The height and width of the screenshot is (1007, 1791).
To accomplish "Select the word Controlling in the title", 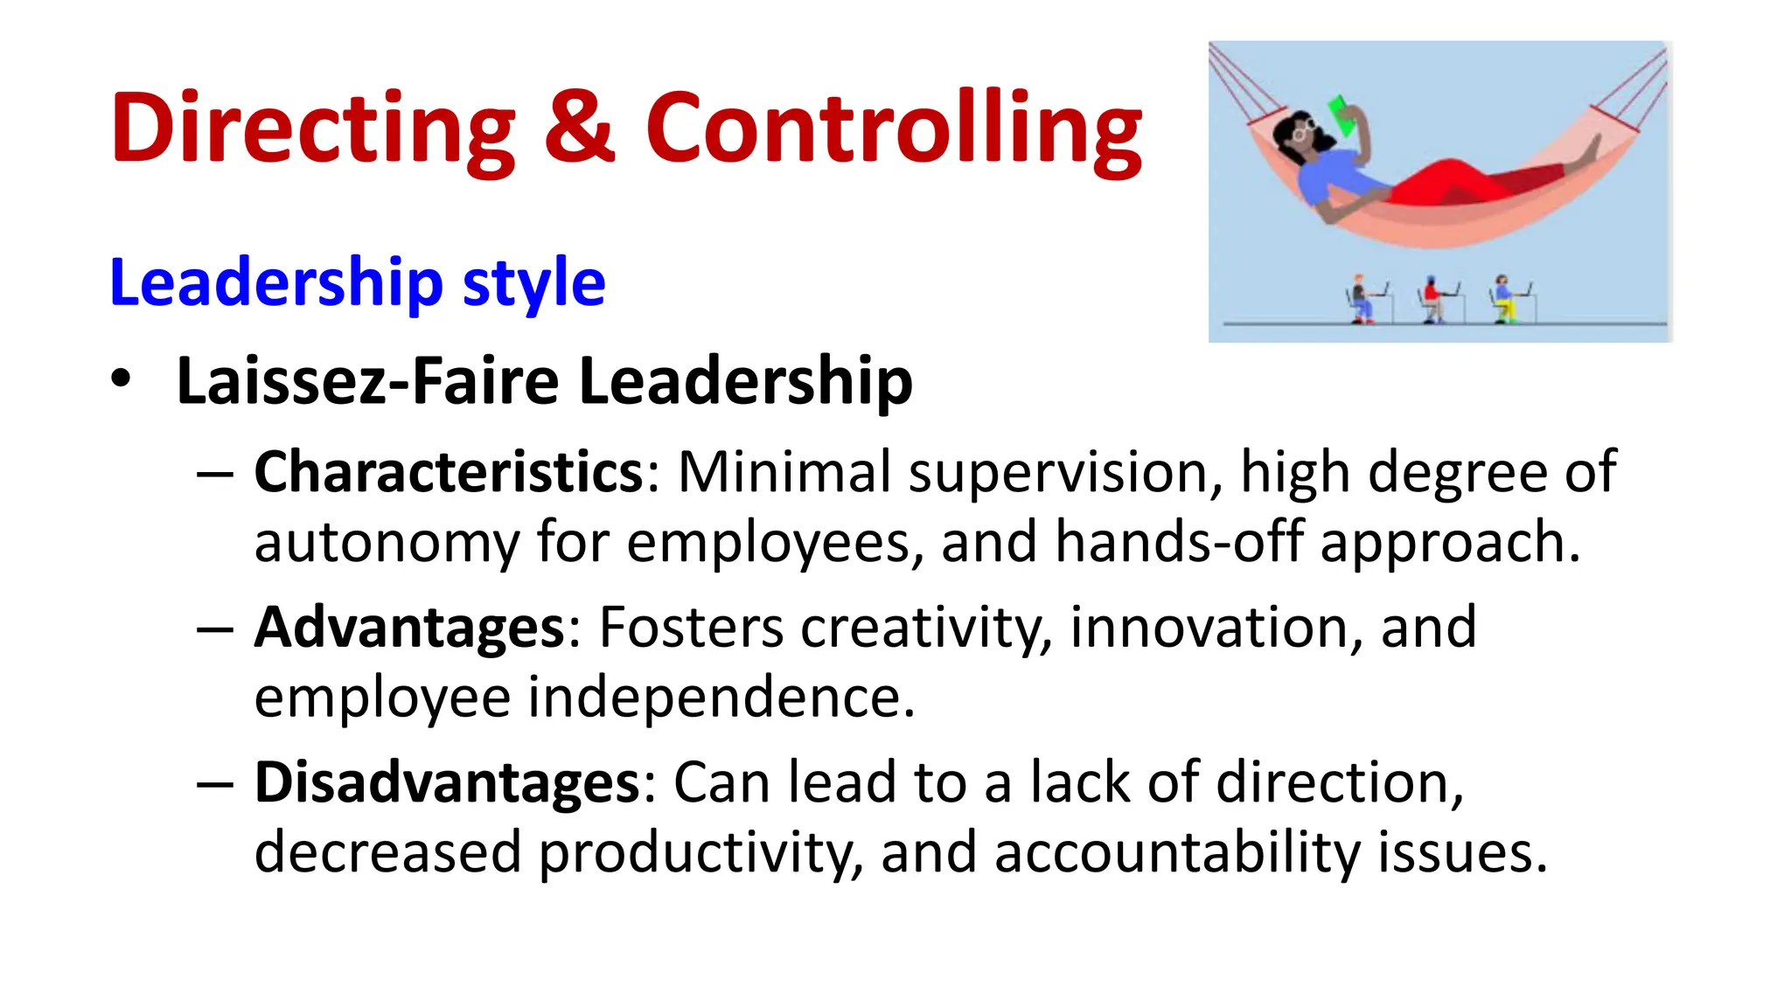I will coord(894,129).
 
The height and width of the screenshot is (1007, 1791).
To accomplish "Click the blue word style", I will coord(533,283).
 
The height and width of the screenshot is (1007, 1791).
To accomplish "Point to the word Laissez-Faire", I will coord(367,381).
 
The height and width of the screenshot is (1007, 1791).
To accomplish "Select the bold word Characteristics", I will coord(449,473).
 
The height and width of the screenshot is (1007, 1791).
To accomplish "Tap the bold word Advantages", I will coord(409,628).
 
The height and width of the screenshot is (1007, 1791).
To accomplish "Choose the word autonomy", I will coord(387,542).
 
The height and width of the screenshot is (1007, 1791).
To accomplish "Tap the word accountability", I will coord(1177,853).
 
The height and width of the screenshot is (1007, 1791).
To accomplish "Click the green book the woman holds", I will coord(1342,115).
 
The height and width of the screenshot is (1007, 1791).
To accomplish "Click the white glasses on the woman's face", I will coord(1303,132).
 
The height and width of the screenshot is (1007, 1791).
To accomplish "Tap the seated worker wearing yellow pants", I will coord(1503,300).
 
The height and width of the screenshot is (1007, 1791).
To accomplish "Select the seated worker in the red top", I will coord(1432,300).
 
